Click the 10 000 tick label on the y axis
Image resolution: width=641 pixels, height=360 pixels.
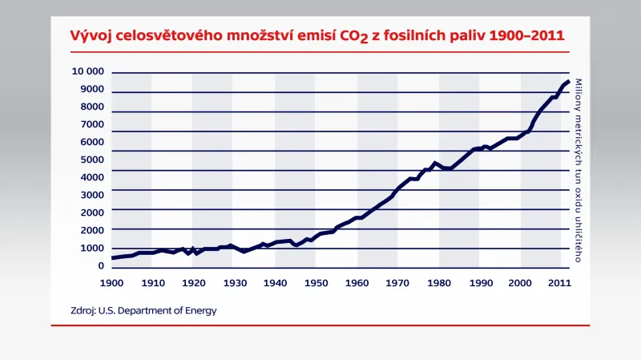click(87, 71)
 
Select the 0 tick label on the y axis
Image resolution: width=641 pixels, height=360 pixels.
click(101, 265)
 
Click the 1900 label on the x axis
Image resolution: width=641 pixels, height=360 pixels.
click(111, 283)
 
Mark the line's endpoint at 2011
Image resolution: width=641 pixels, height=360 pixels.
click(569, 81)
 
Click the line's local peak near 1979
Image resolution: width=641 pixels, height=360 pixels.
click(435, 163)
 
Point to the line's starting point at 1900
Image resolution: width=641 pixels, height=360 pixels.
click(112, 258)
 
